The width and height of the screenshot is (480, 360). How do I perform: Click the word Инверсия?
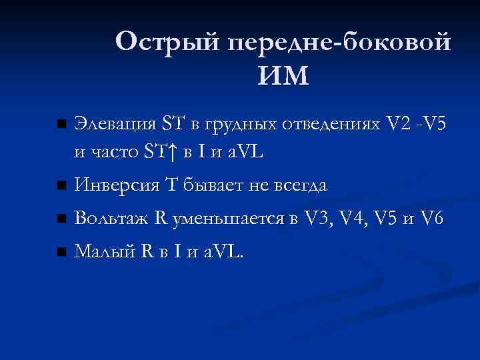(109, 185)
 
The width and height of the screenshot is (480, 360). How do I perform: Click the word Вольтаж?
(105, 218)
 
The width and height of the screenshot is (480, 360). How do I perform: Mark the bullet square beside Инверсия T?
(62, 185)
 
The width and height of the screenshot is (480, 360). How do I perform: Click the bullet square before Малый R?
(62, 252)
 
